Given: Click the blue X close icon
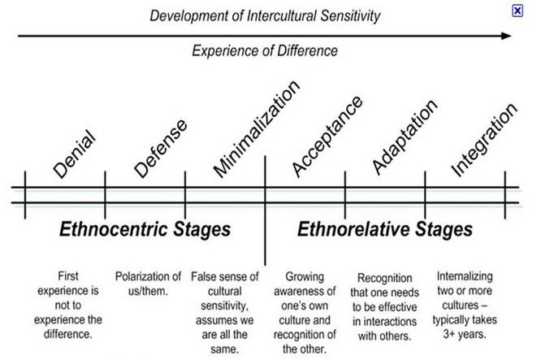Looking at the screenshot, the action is pyautogui.click(x=517, y=11).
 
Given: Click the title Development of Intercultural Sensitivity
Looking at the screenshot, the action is pyautogui.click(x=265, y=16).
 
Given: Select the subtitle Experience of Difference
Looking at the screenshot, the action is pyautogui.click(x=265, y=50).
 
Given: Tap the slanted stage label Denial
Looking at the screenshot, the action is pyautogui.click(x=74, y=154).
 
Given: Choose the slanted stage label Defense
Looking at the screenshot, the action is pyautogui.click(x=161, y=149).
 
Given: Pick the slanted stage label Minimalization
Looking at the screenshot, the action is pyautogui.click(x=257, y=129).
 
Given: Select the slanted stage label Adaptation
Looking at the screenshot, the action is pyautogui.click(x=405, y=137).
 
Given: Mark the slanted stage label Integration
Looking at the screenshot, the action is pyautogui.click(x=484, y=140).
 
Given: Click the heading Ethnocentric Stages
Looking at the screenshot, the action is pyautogui.click(x=145, y=229).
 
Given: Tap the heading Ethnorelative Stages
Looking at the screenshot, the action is pyautogui.click(x=385, y=229).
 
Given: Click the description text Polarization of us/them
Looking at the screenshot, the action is pyautogui.click(x=148, y=284).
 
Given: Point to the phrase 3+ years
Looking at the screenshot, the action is pyautogui.click(x=465, y=334).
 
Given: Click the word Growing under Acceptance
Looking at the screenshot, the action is pyautogui.click(x=305, y=277).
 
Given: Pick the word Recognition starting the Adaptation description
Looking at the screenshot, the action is pyautogui.click(x=385, y=278).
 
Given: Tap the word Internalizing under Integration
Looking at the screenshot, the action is pyautogui.click(x=465, y=276).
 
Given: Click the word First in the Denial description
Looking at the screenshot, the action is pyautogui.click(x=68, y=276).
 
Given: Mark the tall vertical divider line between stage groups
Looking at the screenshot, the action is pyautogui.click(x=265, y=210).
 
